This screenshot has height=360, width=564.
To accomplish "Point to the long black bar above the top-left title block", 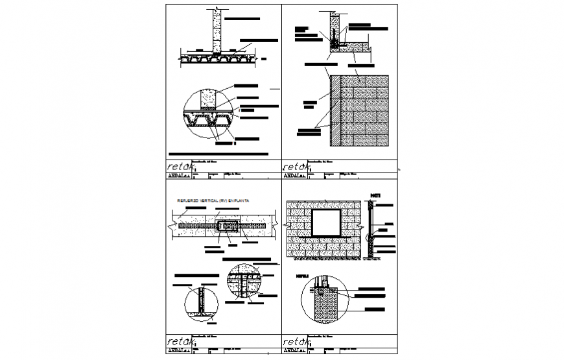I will [217, 154].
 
